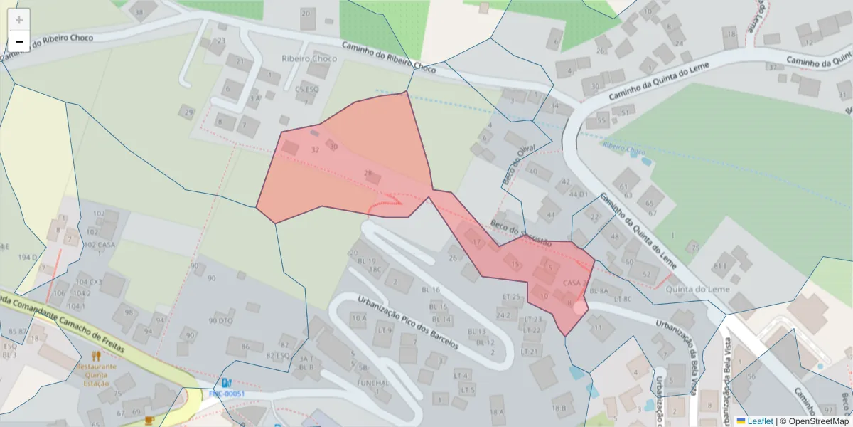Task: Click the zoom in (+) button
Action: (19, 19)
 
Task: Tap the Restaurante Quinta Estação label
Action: (96, 374)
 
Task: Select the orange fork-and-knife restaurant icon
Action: (96, 356)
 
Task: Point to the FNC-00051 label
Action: (227, 394)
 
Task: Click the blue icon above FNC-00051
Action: (226, 382)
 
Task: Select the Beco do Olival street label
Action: (517, 164)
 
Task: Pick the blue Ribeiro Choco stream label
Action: (623, 147)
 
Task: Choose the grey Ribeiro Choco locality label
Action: (309, 59)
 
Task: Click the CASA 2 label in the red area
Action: (574, 283)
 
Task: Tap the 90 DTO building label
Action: (221, 321)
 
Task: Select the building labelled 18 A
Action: (497, 411)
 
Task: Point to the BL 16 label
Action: (431, 290)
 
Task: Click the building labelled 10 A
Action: (358, 317)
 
